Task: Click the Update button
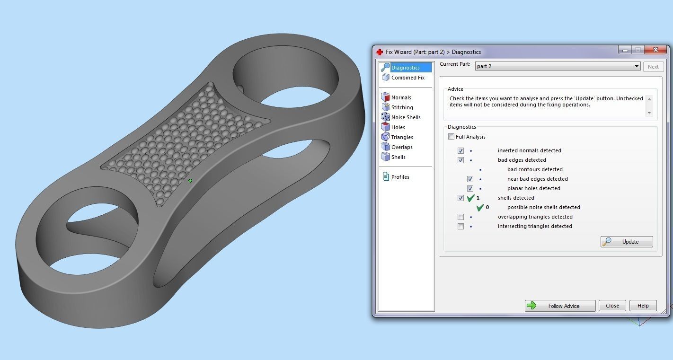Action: [627, 242]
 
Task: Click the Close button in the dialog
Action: [612, 306]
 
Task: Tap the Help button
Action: [643, 306]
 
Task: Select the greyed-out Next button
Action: [653, 67]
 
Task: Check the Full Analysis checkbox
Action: [452, 137]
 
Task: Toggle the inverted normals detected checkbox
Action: [460, 150]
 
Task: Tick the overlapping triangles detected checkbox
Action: [460, 217]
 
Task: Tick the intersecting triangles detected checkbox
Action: [460, 226]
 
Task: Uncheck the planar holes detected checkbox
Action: [470, 188]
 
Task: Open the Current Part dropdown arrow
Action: [637, 66]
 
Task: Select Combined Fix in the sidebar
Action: [407, 78]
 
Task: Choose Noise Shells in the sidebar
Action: [406, 117]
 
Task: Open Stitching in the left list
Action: [402, 107]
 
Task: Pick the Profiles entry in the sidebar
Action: [400, 177]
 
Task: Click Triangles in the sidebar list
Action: [402, 137]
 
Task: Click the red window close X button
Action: [655, 50]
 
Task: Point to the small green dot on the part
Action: [190, 180]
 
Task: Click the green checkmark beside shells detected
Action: [470, 198]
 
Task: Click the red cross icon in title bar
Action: [380, 52]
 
